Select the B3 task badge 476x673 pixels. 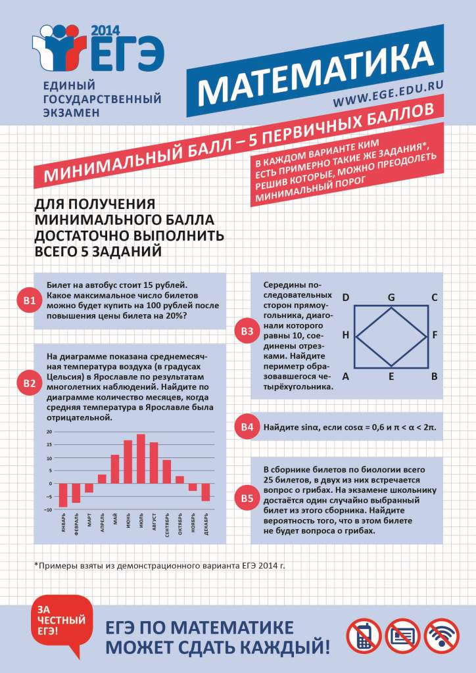pyautogui.click(x=247, y=331)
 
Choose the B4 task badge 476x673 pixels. pyautogui.click(x=247, y=427)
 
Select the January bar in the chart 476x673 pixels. pyautogui.click(x=63, y=495)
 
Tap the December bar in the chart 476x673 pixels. pyautogui.click(x=205, y=492)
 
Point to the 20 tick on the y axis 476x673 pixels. pyautogui.click(x=49, y=432)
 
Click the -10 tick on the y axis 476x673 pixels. pyautogui.click(x=47, y=509)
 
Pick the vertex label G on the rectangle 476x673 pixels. pyautogui.click(x=391, y=297)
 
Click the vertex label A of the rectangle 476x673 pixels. pyautogui.click(x=346, y=377)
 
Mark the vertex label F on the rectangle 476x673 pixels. pyautogui.click(x=435, y=335)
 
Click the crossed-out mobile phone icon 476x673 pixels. pyautogui.click(x=364, y=635)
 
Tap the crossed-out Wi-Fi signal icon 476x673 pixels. pyautogui.click(x=441, y=635)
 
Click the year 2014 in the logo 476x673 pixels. pyautogui.click(x=101, y=31)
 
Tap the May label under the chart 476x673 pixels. pyautogui.click(x=115, y=523)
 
